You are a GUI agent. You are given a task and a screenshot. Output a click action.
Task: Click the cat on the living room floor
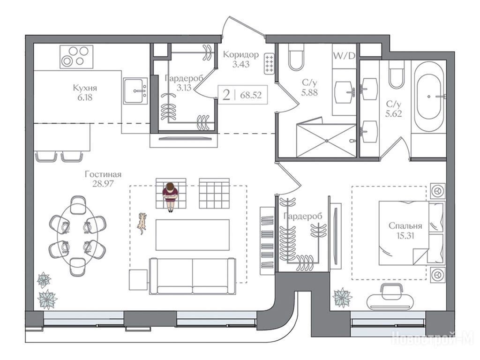(142, 223)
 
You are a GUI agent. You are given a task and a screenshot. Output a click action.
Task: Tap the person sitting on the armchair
(170, 196)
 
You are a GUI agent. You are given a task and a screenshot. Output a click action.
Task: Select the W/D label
(344, 56)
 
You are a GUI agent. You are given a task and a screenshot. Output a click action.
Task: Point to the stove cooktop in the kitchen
(76, 57)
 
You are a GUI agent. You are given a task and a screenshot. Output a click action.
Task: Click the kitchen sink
(135, 90)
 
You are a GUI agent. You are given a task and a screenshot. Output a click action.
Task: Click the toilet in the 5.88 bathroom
(296, 57)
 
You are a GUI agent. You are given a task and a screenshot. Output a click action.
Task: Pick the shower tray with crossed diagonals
(326, 141)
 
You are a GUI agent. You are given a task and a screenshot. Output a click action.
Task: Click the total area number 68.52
(251, 95)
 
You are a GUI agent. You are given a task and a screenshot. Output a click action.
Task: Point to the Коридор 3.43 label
(240, 60)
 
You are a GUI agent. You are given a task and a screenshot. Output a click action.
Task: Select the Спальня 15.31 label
(405, 231)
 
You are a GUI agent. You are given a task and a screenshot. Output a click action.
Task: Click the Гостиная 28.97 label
(103, 179)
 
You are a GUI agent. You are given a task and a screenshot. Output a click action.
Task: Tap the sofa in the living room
(193, 276)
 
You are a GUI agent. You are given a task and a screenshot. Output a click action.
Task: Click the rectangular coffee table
(193, 235)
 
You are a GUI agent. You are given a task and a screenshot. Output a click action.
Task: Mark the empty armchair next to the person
(214, 194)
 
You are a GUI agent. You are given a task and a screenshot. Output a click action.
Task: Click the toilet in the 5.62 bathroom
(397, 75)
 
